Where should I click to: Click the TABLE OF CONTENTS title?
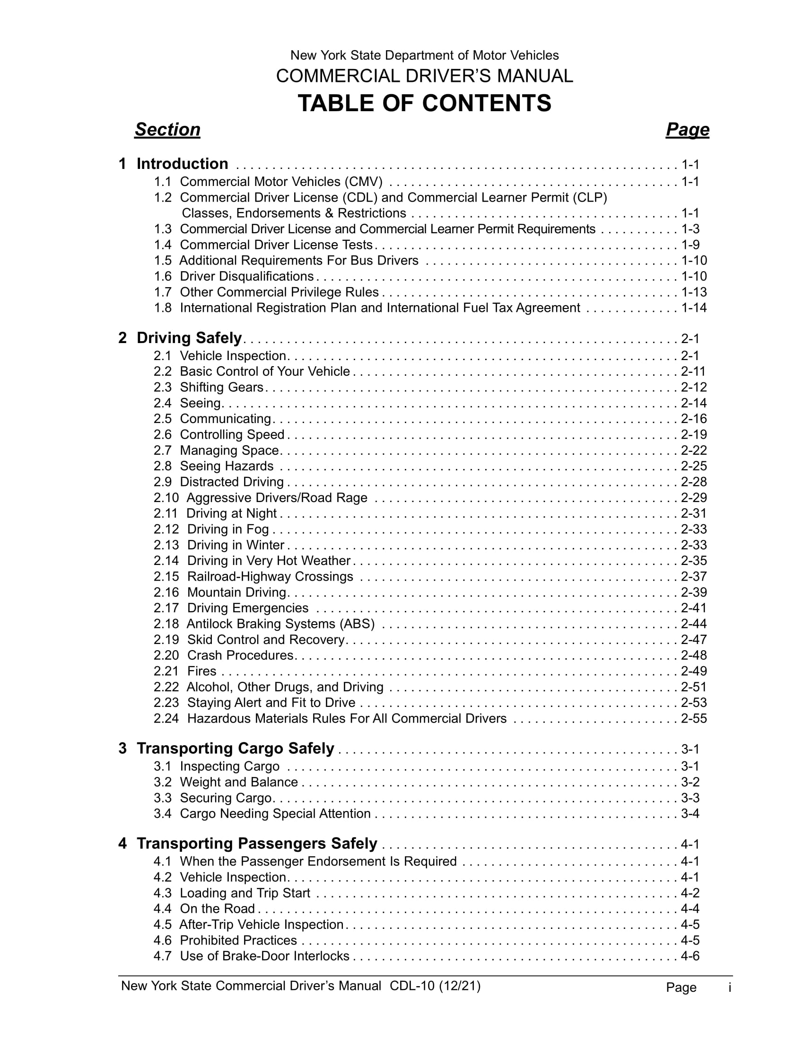click(x=424, y=103)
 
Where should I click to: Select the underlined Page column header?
click(x=687, y=130)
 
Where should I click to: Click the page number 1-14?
click(x=694, y=308)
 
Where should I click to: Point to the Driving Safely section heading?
click(x=189, y=338)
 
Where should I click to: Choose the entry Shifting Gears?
click(x=221, y=387)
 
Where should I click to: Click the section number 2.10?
click(x=166, y=498)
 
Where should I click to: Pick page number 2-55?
click(x=694, y=718)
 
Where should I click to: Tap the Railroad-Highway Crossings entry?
click(x=270, y=576)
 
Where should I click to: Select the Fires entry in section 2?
click(x=201, y=671)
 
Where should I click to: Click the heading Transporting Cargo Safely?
click(x=236, y=749)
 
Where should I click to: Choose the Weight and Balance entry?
click(x=239, y=782)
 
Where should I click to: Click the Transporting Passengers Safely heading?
click(x=257, y=843)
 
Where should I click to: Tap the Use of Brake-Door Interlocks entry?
click(x=264, y=956)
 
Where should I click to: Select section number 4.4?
click(x=162, y=909)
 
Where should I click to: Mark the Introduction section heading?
click(x=182, y=164)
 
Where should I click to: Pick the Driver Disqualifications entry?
click(x=247, y=276)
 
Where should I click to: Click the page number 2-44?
click(x=694, y=624)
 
